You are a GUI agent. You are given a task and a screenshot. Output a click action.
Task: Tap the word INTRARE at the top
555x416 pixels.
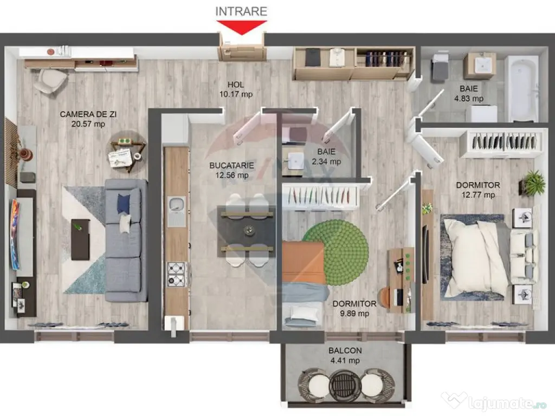(x=241, y=11)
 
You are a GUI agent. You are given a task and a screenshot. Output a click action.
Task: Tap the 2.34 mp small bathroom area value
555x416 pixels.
(x=327, y=161)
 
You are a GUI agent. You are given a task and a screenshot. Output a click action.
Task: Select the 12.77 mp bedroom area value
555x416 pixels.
(x=477, y=195)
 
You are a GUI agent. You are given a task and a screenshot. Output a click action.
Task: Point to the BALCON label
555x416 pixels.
(x=345, y=350)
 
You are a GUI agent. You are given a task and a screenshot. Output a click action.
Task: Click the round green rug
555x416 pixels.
(x=335, y=252)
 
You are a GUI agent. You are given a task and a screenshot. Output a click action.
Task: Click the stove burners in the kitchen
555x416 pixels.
(x=177, y=274)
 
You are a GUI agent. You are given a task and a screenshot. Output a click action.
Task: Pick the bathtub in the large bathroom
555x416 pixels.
(x=521, y=88)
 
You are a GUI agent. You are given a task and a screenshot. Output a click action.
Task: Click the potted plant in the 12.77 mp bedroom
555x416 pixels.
(x=534, y=183)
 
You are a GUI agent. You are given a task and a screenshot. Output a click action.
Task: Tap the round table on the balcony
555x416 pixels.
(x=345, y=385)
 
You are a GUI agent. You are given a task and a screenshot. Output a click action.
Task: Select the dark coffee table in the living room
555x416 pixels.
(x=80, y=239)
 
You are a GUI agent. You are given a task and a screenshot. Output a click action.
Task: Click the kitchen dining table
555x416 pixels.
(x=247, y=231)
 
